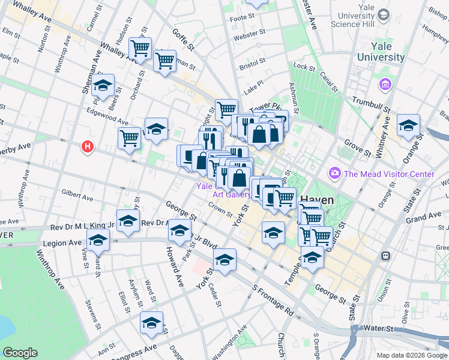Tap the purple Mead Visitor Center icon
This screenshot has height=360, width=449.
click(x=334, y=174)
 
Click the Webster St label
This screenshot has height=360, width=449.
click(x=249, y=37)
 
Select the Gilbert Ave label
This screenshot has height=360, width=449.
click(x=77, y=196)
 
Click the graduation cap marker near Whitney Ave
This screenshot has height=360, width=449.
click(x=409, y=125)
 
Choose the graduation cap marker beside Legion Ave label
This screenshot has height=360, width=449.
click(x=98, y=240)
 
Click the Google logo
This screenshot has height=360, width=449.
click(x=21, y=353)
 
